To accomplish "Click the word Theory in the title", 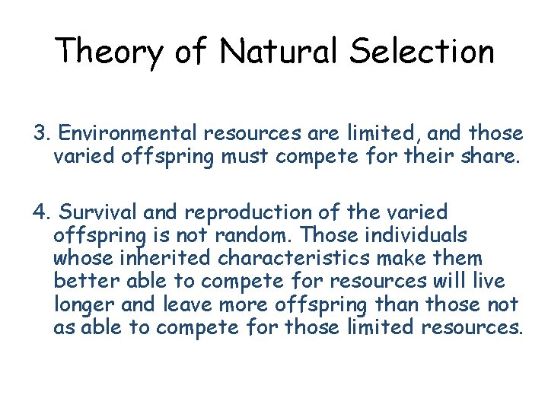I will click(x=109, y=52).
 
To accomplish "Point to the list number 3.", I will click(x=40, y=134).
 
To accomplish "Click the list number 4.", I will click(x=40, y=211).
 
